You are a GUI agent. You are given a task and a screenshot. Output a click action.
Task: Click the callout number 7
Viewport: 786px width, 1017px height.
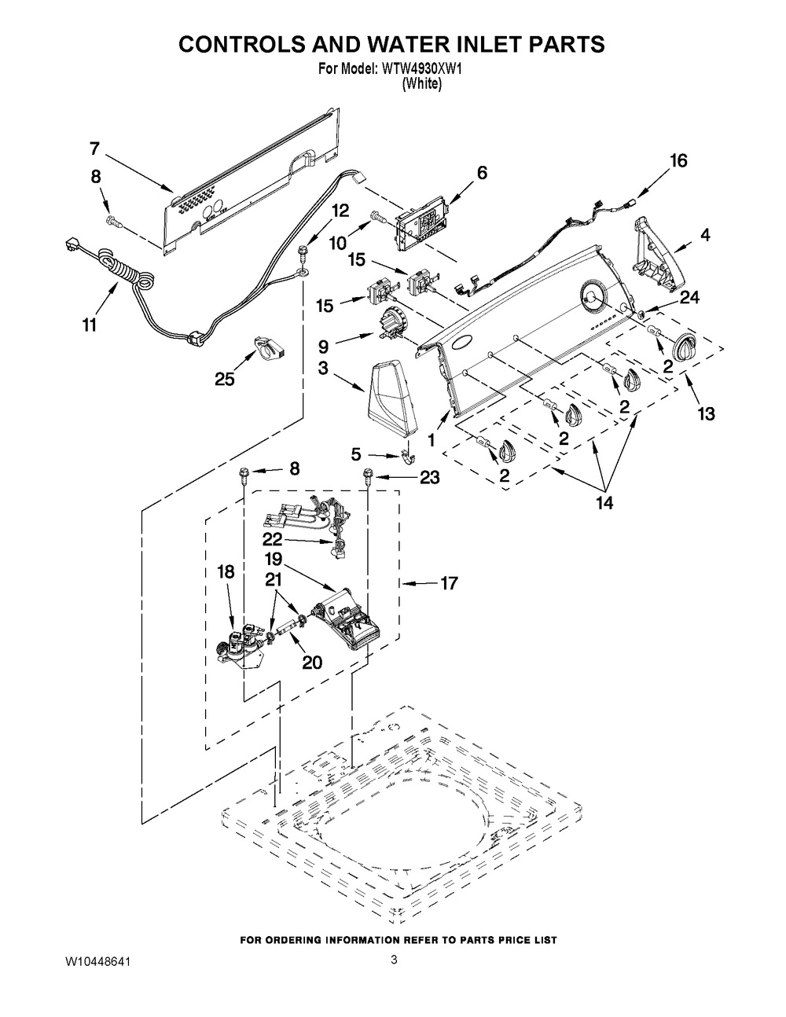95,149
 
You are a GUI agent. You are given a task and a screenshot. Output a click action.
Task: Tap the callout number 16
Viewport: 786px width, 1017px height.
679,161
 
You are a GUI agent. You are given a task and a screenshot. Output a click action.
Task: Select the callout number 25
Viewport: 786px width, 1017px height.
225,379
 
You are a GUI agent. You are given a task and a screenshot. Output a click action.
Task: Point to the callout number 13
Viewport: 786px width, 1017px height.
706,413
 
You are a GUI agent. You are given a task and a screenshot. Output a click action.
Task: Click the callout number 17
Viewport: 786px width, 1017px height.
449,583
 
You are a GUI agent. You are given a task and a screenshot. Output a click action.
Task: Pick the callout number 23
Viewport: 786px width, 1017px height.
430,478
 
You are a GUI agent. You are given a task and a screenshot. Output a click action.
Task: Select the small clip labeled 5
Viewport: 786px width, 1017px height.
409,455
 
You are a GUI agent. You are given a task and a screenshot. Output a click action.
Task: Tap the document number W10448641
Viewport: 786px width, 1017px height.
97,962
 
